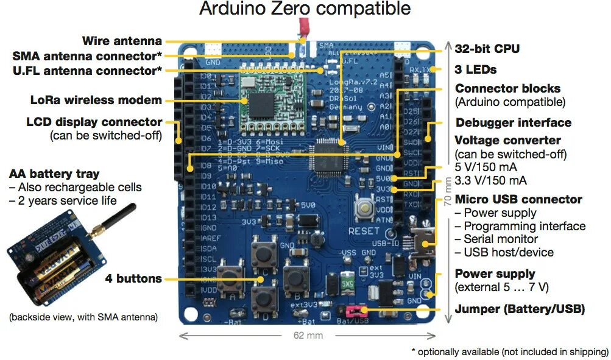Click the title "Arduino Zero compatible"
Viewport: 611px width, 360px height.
(305, 9)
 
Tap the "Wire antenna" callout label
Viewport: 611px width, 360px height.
(122, 41)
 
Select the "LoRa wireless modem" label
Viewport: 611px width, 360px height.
(96, 101)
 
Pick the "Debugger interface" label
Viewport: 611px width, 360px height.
(513, 122)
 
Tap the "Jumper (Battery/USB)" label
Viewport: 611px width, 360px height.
(520, 309)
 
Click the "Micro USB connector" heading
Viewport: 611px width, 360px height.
(518, 199)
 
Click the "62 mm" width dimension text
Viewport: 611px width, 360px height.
(307, 336)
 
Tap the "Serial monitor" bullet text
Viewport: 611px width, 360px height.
(500, 239)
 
